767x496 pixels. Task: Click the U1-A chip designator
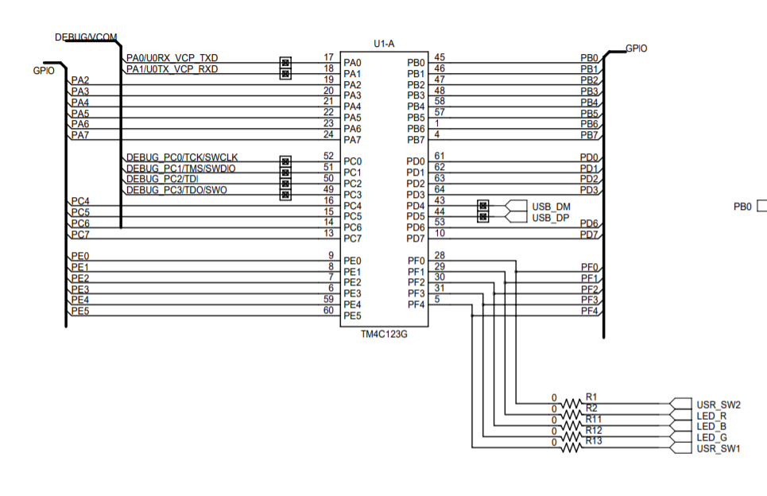tap(384, 43)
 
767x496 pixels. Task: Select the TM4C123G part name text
tap(384, 335)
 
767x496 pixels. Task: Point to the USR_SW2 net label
tap(719, 405)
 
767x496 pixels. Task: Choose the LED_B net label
tap(711, 427)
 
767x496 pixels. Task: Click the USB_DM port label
tap(551, 206)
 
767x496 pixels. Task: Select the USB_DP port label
tap(551, 217)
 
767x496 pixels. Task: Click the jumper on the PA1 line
tap(285, 74)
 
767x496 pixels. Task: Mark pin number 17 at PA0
tap(328, 58)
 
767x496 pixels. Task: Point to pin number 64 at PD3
tap(440, 189)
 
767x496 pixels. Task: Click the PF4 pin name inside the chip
tap(416, 304)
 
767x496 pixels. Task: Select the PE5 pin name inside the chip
tap(352, 316)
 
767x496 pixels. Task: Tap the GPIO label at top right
tap(636, 48)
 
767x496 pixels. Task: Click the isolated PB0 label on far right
tap(742, 207)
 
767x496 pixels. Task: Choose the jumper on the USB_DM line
tap(482, 206)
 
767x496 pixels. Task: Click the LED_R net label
tap(711, 416)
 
